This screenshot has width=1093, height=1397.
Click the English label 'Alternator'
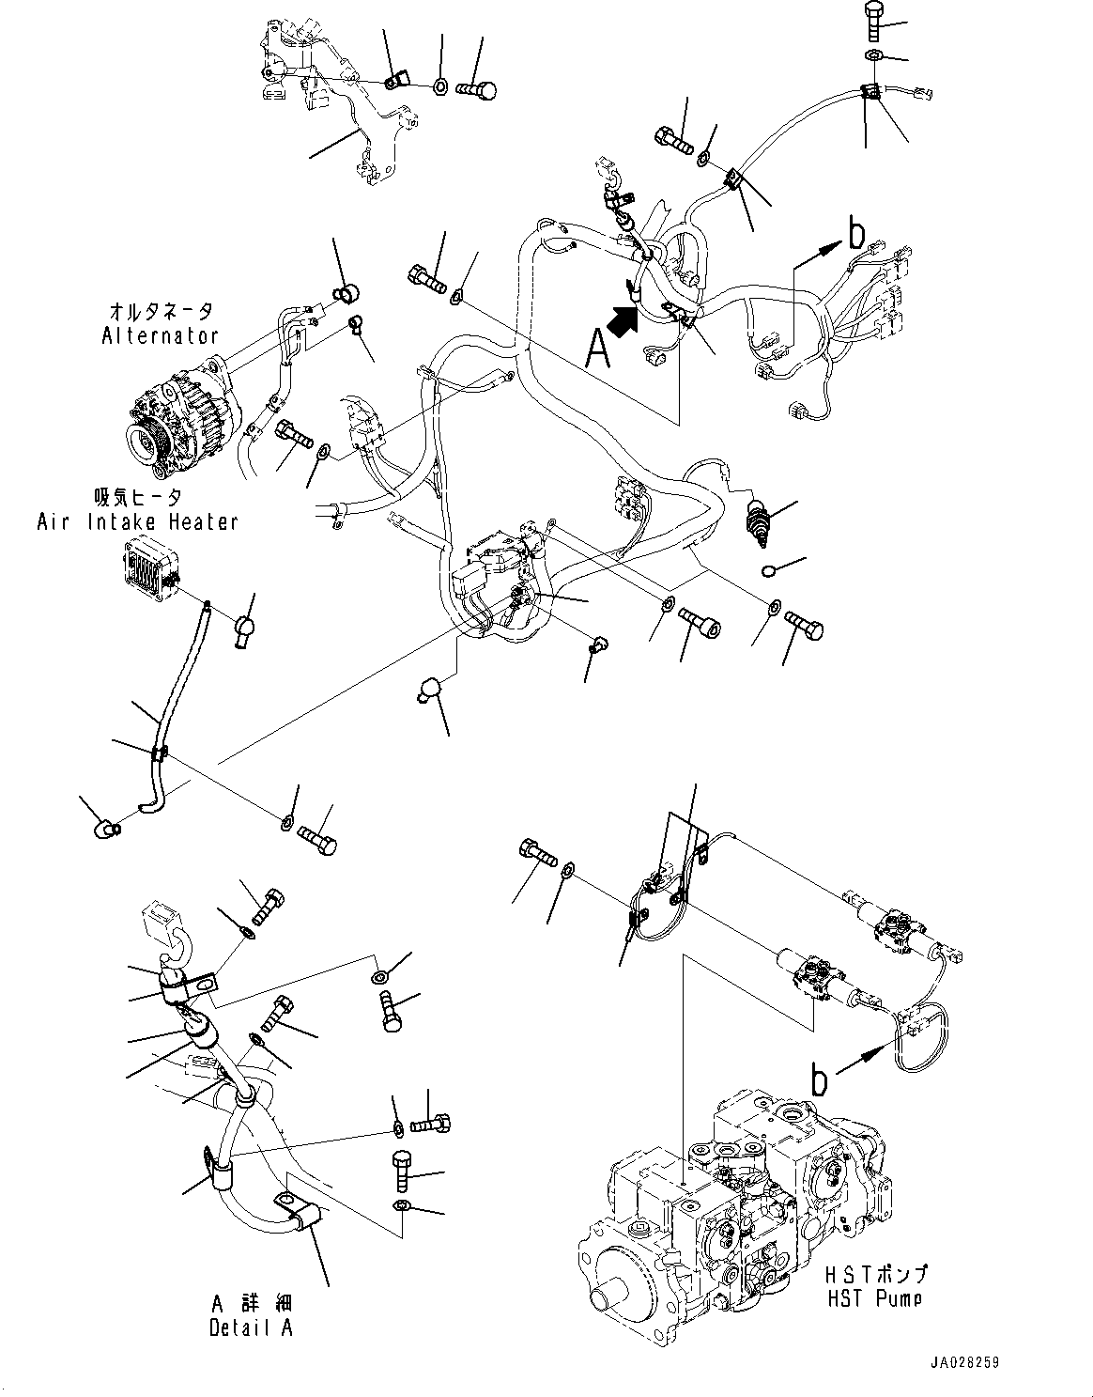[x=160, y=335]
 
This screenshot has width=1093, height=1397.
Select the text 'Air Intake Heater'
[x=137, y=521]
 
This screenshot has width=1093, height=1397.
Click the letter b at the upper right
[x=854, y=233]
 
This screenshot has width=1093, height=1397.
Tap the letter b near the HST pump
[x=820, y=1081]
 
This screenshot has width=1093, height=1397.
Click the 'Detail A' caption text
[x=251, y=1327]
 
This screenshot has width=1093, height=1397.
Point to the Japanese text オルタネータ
[x=160, y=311]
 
